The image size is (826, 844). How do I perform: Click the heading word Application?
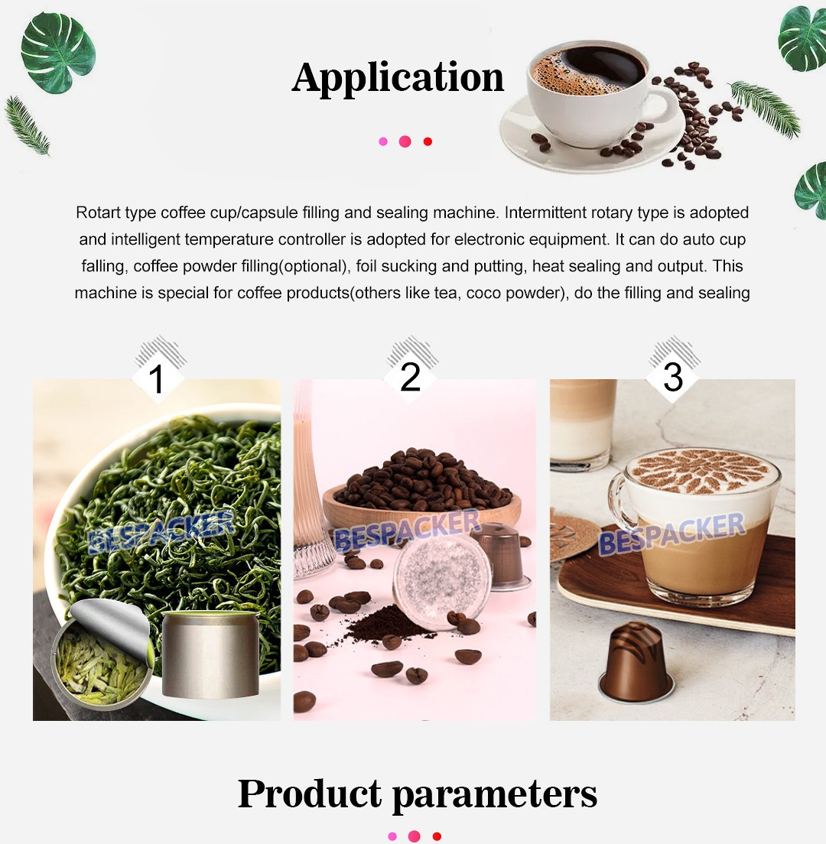point(398,79)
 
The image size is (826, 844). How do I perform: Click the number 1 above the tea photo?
point(156,379)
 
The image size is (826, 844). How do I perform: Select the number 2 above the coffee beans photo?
point(410,377)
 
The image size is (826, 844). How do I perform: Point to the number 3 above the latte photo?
point(673,377)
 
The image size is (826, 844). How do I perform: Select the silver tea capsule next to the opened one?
point(210,654)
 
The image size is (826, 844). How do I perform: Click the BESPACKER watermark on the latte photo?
point(672,534)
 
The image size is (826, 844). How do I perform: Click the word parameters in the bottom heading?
point(494,795)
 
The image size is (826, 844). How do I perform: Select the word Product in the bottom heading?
point(310,794)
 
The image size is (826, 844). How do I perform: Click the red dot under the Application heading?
point(428,141)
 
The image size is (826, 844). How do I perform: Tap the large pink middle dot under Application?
point(405,141)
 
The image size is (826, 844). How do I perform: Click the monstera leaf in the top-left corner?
point(58,53)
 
